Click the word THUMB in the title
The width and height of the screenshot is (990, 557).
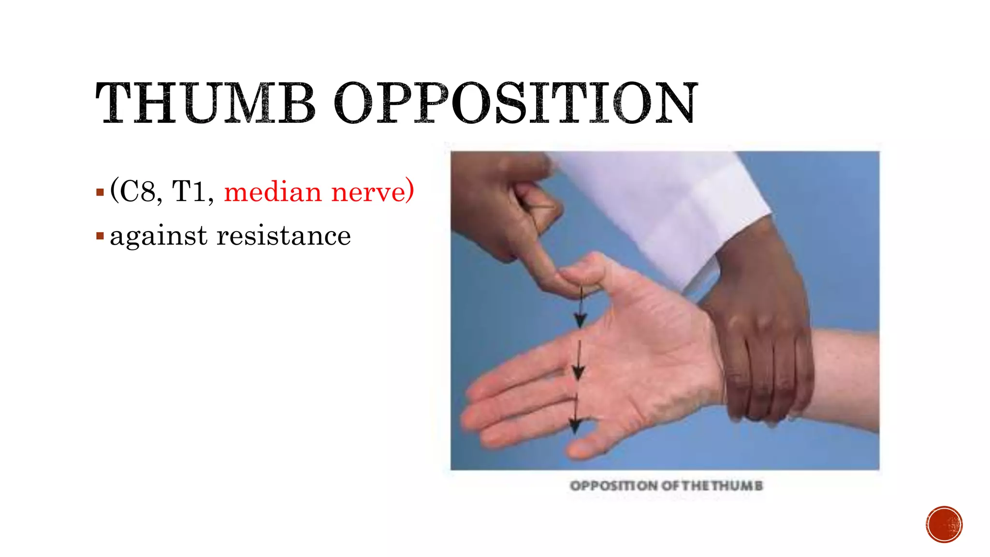coord(205,103)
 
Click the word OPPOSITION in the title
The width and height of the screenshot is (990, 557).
coord(516,103)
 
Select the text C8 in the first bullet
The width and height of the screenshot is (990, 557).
coord(138,192)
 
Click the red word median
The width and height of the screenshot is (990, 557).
coord(273,192)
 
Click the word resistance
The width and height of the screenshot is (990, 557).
coord(283,236)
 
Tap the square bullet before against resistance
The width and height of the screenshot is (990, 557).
coord(100,236)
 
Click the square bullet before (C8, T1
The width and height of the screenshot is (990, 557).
coord(100,192)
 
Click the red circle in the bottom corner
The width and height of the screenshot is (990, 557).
coord(944,525)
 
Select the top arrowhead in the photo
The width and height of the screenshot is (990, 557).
coord(580,320)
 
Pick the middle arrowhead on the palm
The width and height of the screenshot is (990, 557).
coord(578,372)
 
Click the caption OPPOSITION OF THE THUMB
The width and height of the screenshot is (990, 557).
coord(666,485)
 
